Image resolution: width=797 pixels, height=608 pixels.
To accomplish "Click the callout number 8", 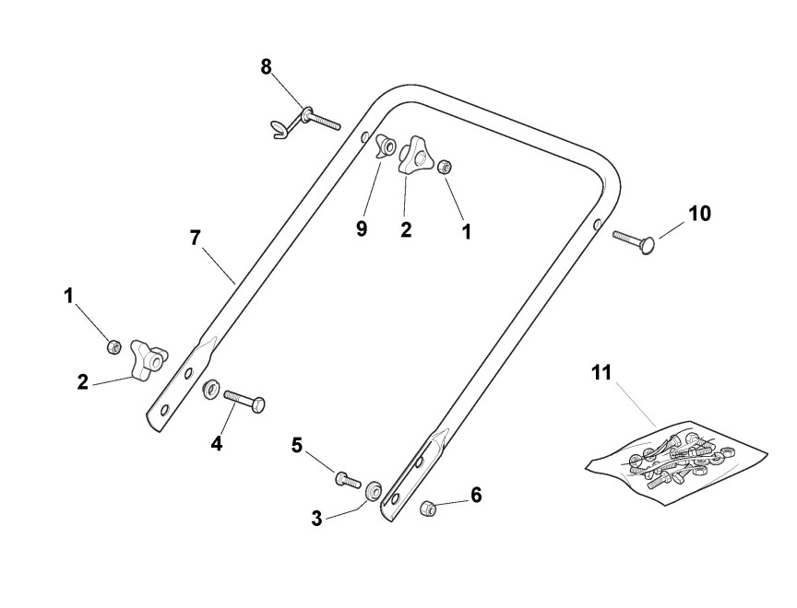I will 266,67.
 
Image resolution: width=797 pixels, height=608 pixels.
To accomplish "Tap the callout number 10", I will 699,214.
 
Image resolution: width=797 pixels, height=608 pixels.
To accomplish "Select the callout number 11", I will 601,373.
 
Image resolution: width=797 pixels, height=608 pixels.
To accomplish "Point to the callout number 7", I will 195,237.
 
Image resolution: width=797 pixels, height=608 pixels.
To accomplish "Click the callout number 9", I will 362,228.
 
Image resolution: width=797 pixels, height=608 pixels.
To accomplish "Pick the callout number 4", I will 217,443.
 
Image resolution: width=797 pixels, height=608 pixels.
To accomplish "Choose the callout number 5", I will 297,445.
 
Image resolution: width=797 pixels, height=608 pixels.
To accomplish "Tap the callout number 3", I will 316,518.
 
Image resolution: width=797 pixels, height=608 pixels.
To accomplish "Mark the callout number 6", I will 476,496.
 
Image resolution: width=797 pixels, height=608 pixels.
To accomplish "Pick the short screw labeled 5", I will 346,478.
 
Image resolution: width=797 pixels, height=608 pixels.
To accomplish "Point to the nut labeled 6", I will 427,508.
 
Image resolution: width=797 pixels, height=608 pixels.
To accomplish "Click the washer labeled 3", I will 375,489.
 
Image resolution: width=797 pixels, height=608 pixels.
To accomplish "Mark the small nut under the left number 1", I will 113,346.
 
